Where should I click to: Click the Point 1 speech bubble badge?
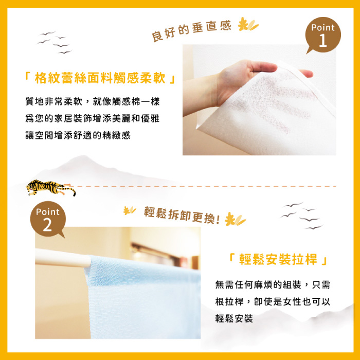tap(323, 35)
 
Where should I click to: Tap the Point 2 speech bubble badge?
tap(48, 219)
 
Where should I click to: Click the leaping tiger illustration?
tap(51, 188)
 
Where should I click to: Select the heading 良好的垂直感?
tap(191, 30)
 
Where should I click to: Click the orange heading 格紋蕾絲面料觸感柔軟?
tap(100, 78)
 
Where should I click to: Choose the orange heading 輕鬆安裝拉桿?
tap(278, 259)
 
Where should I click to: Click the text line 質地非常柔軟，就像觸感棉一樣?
tap(93, 101)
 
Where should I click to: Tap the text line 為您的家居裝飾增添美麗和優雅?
tap(92, 118)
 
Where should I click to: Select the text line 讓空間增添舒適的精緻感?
tap(78, 135)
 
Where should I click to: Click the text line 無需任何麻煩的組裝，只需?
tap(273, 285)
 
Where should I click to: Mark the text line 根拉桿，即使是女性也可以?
tap(273, 302)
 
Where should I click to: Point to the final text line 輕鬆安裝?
tap(234, 318)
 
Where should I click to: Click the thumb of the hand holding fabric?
tap(263, 67)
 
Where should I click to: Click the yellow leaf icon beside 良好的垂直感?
tap(248, 24)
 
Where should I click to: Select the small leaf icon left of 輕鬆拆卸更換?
tap(130, 210)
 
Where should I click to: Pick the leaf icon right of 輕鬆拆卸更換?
tap(235, 219)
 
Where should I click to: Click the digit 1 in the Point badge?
tap(323, 40)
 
